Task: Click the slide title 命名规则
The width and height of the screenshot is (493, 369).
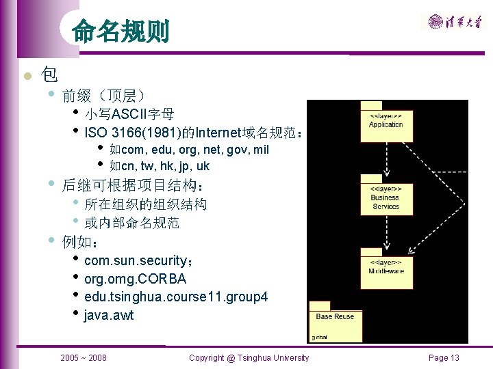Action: coord(121,31)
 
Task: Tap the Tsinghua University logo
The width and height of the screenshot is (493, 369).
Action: coord(455,22)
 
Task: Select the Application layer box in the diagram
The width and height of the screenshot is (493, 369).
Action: coord(385,125)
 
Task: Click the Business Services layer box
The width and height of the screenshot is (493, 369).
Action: coord(385,199)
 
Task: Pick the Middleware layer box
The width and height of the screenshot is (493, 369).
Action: coord(385,271)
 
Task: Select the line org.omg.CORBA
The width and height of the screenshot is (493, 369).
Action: coord(135,279)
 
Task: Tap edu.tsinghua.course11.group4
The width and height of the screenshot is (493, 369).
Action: coord(175,297)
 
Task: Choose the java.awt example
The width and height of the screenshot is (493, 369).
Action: coord(109,315)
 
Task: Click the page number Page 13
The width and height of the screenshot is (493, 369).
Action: coord(444,357)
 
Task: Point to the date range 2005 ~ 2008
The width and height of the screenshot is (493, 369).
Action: coord(84,357)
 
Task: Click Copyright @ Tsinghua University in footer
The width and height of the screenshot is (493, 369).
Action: coord(249,357)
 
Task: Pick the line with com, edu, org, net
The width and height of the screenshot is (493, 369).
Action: coord(188,149)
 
